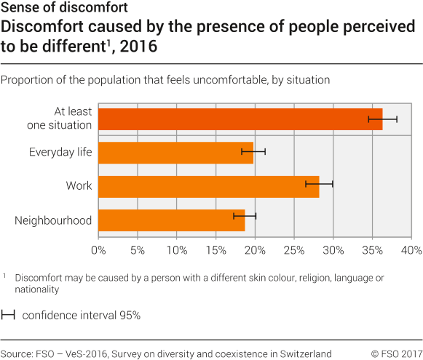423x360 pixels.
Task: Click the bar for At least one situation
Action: point(240,119)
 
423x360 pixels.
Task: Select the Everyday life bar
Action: point(175,152)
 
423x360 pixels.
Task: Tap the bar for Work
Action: point(208,186)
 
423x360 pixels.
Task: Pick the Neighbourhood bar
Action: point(171,220)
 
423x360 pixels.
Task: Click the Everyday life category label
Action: point(60,152)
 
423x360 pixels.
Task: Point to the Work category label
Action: point(79,186)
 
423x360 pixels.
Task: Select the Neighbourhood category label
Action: point(53,220)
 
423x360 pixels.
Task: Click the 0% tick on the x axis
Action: point(98,250)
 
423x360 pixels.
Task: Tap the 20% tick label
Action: point(254,250)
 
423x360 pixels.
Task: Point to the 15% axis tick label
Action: point(215,250)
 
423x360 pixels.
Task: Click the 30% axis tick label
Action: point(333,250)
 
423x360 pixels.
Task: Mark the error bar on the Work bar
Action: point(319,184)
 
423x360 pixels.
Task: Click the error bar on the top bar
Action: point(382,118)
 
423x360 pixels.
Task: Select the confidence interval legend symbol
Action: point(9,315)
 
